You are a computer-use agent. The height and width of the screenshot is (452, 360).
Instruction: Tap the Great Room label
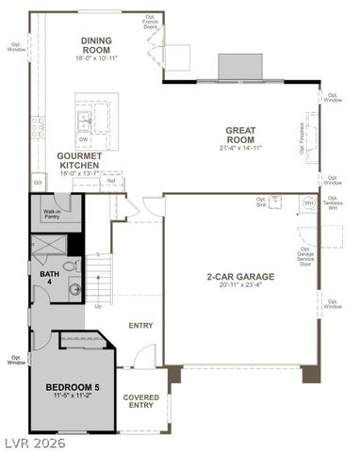(240, 135)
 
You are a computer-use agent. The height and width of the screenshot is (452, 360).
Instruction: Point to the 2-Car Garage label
(240, 277)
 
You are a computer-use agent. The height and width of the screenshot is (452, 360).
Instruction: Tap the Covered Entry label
(141, 402)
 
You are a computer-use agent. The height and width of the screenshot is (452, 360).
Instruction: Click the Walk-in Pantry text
(52, 215)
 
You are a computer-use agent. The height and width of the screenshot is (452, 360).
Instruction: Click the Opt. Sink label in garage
(262, 202)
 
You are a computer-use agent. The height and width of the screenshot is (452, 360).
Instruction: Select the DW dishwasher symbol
(84, 138)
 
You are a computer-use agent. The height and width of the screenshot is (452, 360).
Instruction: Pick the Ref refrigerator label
(111, 181)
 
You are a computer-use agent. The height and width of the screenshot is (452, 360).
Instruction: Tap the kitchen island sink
(84, 118)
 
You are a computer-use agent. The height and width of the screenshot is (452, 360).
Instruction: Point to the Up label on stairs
(97, 306)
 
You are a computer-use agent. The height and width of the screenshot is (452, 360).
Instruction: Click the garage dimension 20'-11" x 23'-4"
(240, 285)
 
